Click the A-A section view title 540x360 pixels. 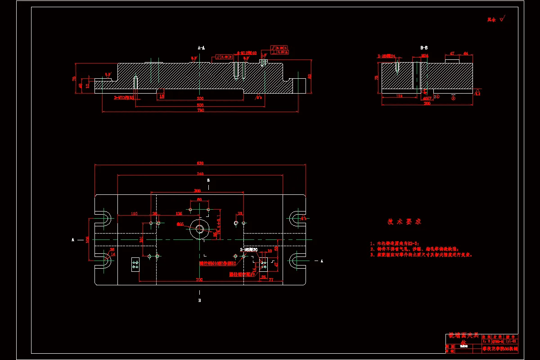click(x=201, y=47)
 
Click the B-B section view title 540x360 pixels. click(x=424, y=47)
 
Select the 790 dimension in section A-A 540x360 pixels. click(x=201, y=110)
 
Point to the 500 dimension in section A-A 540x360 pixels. click(x=201, y=105)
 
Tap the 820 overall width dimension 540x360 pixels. click(x=200, y=163)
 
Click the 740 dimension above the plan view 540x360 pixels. click(x=200, y=174)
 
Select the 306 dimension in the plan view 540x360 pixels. click(x=197, y=191)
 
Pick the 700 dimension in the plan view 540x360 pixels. click(x=199, y=279)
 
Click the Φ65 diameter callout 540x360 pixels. click(x=180, y=224)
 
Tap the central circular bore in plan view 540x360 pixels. click(x=199, y=229)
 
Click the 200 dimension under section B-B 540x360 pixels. click(x=427, y=103)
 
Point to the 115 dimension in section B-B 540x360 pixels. click(x=399, y=95)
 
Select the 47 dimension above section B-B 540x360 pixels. click(x=452, y=54)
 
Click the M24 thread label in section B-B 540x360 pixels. click(x=424, y=56)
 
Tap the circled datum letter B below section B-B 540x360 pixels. click(x=453, y=96)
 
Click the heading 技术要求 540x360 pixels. click(x=404, y=222)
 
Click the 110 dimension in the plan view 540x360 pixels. click(x=134, y=214)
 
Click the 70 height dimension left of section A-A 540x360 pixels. click(x=74, y=78)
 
